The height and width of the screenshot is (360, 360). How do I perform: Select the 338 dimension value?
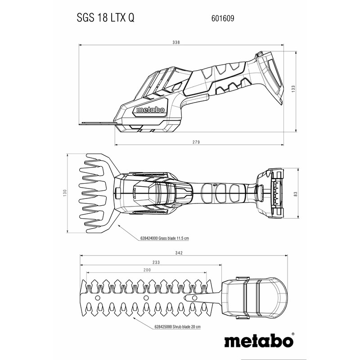176,42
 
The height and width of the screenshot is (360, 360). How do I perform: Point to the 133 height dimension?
293,89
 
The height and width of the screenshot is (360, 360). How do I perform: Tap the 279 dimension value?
196,142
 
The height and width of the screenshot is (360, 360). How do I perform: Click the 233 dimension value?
143,263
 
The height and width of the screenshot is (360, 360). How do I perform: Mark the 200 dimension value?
147,270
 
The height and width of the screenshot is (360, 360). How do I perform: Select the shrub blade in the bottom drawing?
144,297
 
